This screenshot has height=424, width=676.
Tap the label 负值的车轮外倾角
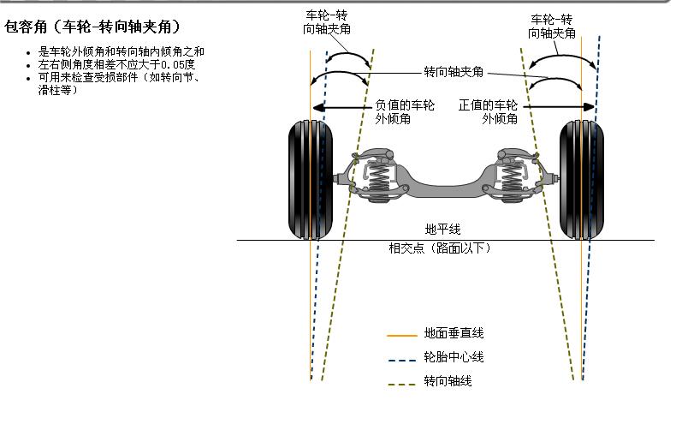[405, 112]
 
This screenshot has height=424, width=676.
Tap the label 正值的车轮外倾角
[488, 112]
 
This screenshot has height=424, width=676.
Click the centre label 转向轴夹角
[454, 72]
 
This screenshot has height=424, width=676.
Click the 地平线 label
[443, 230]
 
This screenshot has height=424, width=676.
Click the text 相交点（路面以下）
[439, 248]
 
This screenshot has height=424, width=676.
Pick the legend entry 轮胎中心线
[448, 357]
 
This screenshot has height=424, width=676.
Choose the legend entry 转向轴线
[448, 381]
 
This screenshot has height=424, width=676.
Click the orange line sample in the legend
[401, 335]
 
